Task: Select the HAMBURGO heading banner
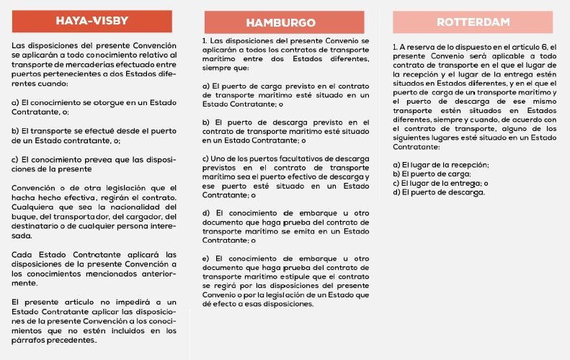pos(284,22)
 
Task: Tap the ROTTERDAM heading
pos(473,22)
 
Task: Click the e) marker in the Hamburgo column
pos(206,258)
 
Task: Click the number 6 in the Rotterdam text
pos(543,48)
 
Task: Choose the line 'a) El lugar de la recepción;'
pos(441,165)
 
